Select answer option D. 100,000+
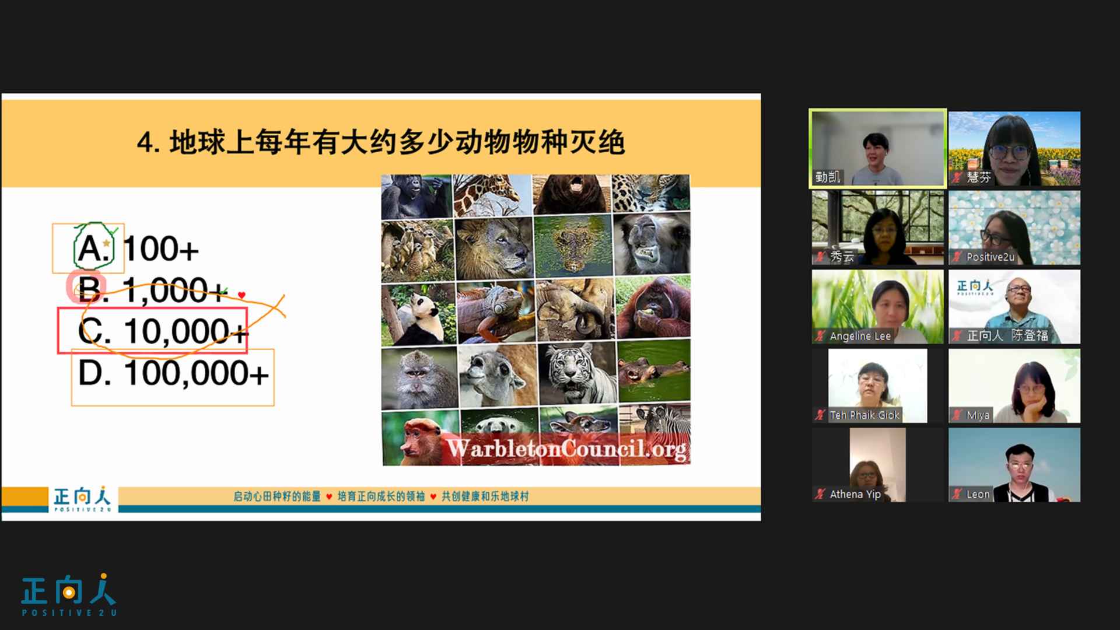pyautogui.click(x=173, y=373)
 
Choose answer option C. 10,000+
pyautogui.click(x=163, y=331)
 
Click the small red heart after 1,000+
pyautogui.click(x=242, y=295)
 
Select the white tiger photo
pyautogui.click(x=576, y=373)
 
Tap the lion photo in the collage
pyautogui.click(x=493, y=247)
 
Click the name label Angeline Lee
pyautogui.click(x=860, y=336)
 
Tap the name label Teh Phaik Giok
pyautogui.click(x=864, y=415)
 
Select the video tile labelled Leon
pyautogui.click(x=1014, y=465)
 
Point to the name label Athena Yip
pyautogui.click(x=855, y=494)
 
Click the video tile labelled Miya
pyautogui.click(x=1014, y=386)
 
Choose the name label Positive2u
pyautogui.click(x=991, y=257)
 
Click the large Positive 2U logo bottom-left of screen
pyautogui.click(x=69, y=595)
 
